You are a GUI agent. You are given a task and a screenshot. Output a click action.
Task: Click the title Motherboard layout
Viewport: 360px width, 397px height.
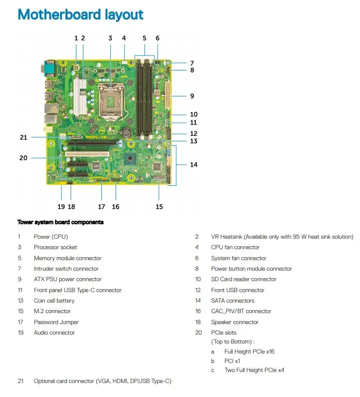click(80, 15)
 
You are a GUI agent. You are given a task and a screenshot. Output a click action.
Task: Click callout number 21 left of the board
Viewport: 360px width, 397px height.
click(23, 137)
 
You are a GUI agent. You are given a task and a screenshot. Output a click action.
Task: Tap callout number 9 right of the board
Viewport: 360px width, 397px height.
click(192, 96)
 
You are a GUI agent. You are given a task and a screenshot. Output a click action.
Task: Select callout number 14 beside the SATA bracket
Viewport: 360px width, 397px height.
click(193, 164)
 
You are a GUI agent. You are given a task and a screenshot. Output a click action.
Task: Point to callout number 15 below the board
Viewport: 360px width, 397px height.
click(159, 206)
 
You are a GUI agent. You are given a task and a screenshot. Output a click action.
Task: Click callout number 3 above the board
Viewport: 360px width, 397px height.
click(110, 38)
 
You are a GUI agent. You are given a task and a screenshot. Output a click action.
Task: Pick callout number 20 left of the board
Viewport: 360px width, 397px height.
click(23, 158)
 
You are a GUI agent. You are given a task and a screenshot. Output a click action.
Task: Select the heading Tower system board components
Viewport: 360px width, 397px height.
click(60, 222)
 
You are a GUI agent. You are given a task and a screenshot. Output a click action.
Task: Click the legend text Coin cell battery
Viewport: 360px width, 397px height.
click(54, 301)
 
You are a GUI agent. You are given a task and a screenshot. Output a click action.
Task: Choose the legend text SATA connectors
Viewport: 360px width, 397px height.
click(232, 301)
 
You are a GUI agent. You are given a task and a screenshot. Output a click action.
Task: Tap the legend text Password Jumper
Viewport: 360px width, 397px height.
click(56, 322)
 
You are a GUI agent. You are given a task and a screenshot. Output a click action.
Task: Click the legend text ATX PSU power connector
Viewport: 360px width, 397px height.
click(67, 279)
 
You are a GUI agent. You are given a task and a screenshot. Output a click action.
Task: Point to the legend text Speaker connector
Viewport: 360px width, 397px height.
click(234, 322)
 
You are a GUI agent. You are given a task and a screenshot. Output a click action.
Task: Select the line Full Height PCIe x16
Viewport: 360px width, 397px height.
click(249, 352)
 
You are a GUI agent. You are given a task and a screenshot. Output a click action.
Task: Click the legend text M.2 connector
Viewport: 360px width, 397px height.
click(52, 311)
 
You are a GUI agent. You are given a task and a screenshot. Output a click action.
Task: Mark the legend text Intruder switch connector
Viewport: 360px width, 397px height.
click(66, 269)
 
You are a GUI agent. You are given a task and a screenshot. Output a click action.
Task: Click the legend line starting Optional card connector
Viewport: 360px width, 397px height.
click(102, 381)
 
